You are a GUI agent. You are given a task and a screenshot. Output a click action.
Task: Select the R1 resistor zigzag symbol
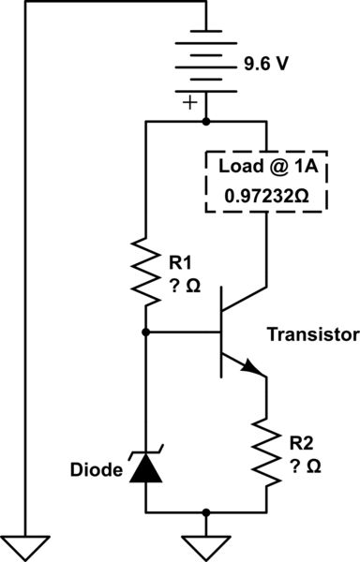146,273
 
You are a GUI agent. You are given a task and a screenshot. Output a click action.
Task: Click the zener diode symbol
146,466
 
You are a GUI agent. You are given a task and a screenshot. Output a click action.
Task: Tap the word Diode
97,468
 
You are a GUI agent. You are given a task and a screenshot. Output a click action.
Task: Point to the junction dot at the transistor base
146,332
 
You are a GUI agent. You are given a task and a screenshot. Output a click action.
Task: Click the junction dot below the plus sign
206,122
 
